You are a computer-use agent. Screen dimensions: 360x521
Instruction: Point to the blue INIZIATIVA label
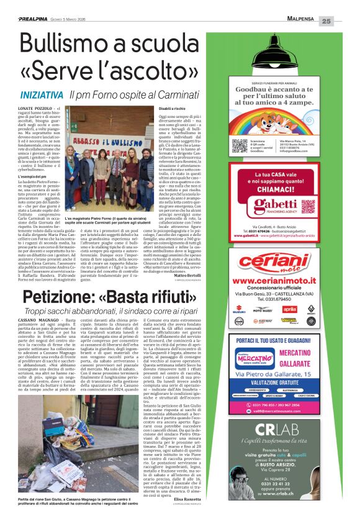[x=41, y=95]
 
